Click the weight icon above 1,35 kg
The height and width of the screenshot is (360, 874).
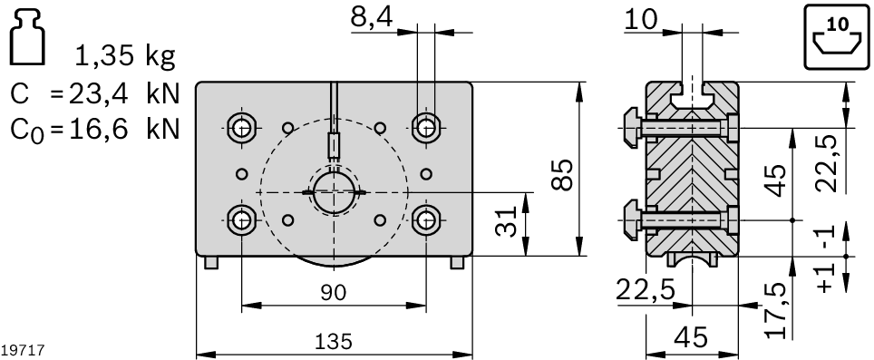(x=29, y=37)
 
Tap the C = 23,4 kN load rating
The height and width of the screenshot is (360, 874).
(x=94, y=93)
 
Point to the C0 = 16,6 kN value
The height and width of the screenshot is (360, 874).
(x=94, y=129)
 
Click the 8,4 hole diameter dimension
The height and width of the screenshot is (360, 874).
(x=372, y=16)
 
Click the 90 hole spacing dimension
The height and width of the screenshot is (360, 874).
(x=334, y=292)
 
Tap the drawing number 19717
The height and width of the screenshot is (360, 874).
(x=20, y=349)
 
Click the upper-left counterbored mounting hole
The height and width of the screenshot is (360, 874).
(x=241, y=126)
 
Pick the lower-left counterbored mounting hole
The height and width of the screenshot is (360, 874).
(x=241, y=219)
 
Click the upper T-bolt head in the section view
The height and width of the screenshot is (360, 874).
(x=631, y=127)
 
